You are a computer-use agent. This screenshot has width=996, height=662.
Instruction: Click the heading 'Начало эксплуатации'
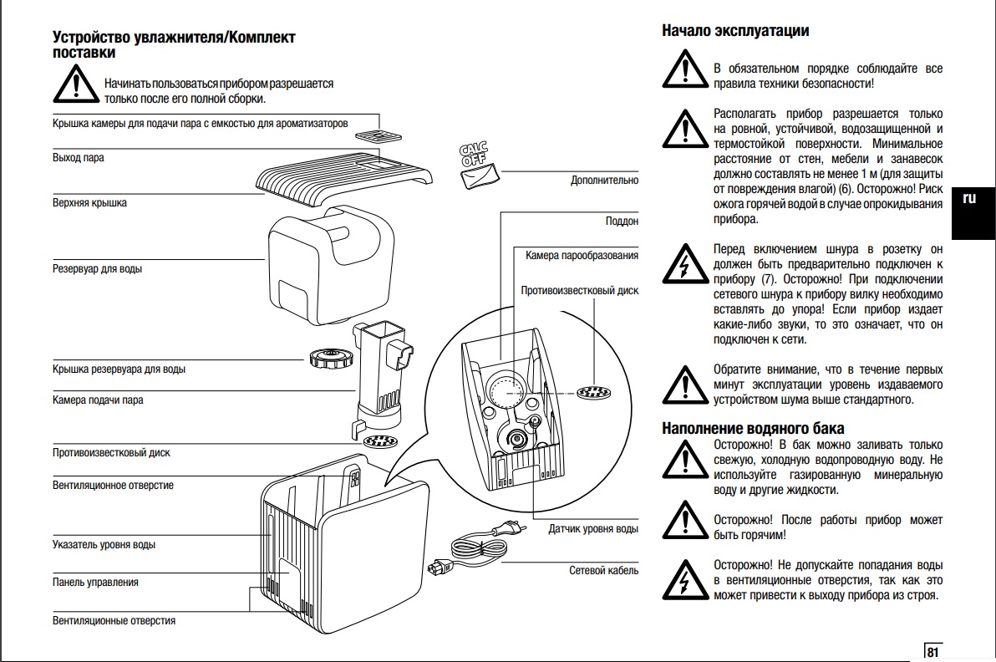pos(735,31)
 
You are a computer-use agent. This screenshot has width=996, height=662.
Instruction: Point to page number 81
pos(932,652)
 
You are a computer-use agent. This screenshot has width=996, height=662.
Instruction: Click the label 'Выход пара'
pos(79,158)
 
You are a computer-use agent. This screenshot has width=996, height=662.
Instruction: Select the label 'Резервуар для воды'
pos(97,269)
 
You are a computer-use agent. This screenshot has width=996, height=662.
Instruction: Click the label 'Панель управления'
pos(95,582)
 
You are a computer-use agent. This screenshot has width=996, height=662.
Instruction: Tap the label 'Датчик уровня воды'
pos(593,528)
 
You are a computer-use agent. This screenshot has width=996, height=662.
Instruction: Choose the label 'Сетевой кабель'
pos(603,570)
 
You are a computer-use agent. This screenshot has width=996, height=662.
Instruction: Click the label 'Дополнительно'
pos(604,180)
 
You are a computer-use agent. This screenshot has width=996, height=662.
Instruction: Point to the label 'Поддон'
pos(622,222)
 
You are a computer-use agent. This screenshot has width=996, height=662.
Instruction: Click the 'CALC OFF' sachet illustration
pos(479,168)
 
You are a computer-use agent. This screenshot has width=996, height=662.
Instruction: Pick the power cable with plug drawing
pos(478,547)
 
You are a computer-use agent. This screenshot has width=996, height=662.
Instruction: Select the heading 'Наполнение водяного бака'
pos(753,429)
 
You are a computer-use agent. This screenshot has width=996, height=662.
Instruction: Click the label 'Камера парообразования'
pos(582,255)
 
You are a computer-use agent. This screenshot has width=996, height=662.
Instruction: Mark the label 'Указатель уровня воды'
pos(104,545)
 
